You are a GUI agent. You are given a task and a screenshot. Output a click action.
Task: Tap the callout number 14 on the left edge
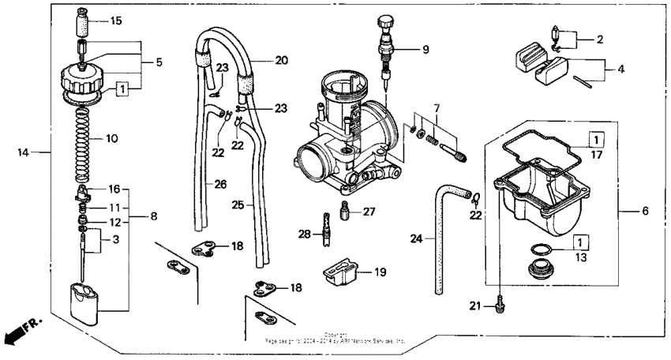pos(24,152)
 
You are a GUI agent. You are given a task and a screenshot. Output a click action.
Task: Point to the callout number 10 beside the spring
pos(111,138)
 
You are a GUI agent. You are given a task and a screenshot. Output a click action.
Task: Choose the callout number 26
pos(220,184)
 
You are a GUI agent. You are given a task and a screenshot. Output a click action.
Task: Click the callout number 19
pos(380,272)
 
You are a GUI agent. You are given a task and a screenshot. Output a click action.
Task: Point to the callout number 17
pos(595,156)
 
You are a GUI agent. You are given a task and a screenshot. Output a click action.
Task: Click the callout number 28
pos(303,234)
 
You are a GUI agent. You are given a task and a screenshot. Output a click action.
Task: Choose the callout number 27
pos(369,211)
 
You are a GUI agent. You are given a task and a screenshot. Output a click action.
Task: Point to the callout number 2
pos(599,38)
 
